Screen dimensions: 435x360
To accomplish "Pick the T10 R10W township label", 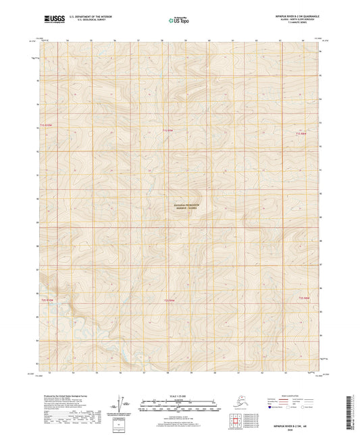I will (x=46, y=298).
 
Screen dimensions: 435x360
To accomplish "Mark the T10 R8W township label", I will (x=303, y=297).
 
